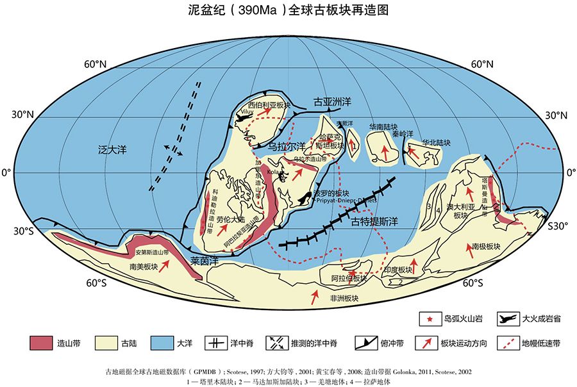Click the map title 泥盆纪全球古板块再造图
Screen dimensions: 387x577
click(288, 10)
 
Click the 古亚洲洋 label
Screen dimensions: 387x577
click(332, 102)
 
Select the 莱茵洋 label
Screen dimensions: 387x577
click(205, 261)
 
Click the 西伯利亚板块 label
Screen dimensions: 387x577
click(270, 104)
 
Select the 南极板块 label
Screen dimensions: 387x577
click(485, 246)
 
